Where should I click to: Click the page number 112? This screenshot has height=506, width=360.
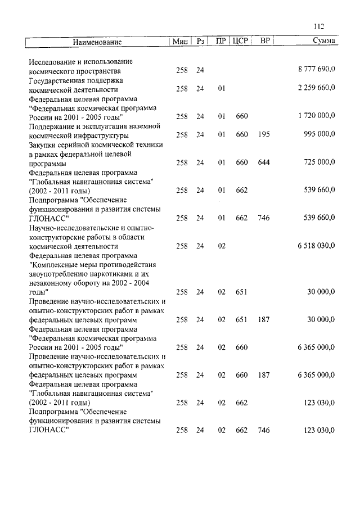[319, 26]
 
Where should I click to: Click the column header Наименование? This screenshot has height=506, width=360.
[97, 42]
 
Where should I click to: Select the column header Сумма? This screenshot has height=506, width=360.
[324, 42]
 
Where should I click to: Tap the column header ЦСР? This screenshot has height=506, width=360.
[240, 42]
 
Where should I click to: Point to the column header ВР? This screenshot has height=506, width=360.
[264, 42]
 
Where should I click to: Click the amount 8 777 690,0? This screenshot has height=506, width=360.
[316, 70]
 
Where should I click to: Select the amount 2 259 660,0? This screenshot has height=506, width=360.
[316, 88]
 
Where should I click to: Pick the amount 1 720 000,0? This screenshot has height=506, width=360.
[316, 116]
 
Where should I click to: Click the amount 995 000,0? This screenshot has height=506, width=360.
[319, 134]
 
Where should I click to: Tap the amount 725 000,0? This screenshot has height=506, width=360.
[319, 162]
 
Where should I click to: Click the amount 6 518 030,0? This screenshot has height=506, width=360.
[316, 246]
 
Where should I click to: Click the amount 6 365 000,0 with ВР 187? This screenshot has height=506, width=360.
[316, 375]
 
